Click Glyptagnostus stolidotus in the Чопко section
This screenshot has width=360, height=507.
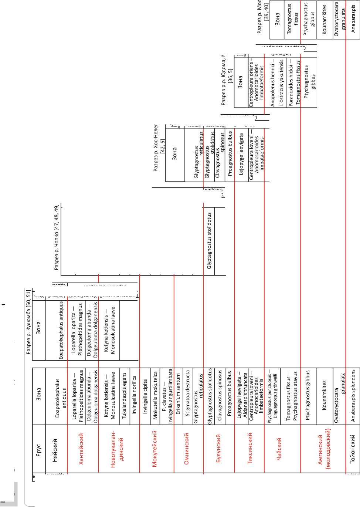209,240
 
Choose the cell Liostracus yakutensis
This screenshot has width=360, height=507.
282,83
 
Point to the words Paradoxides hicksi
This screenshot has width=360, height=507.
291,83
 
